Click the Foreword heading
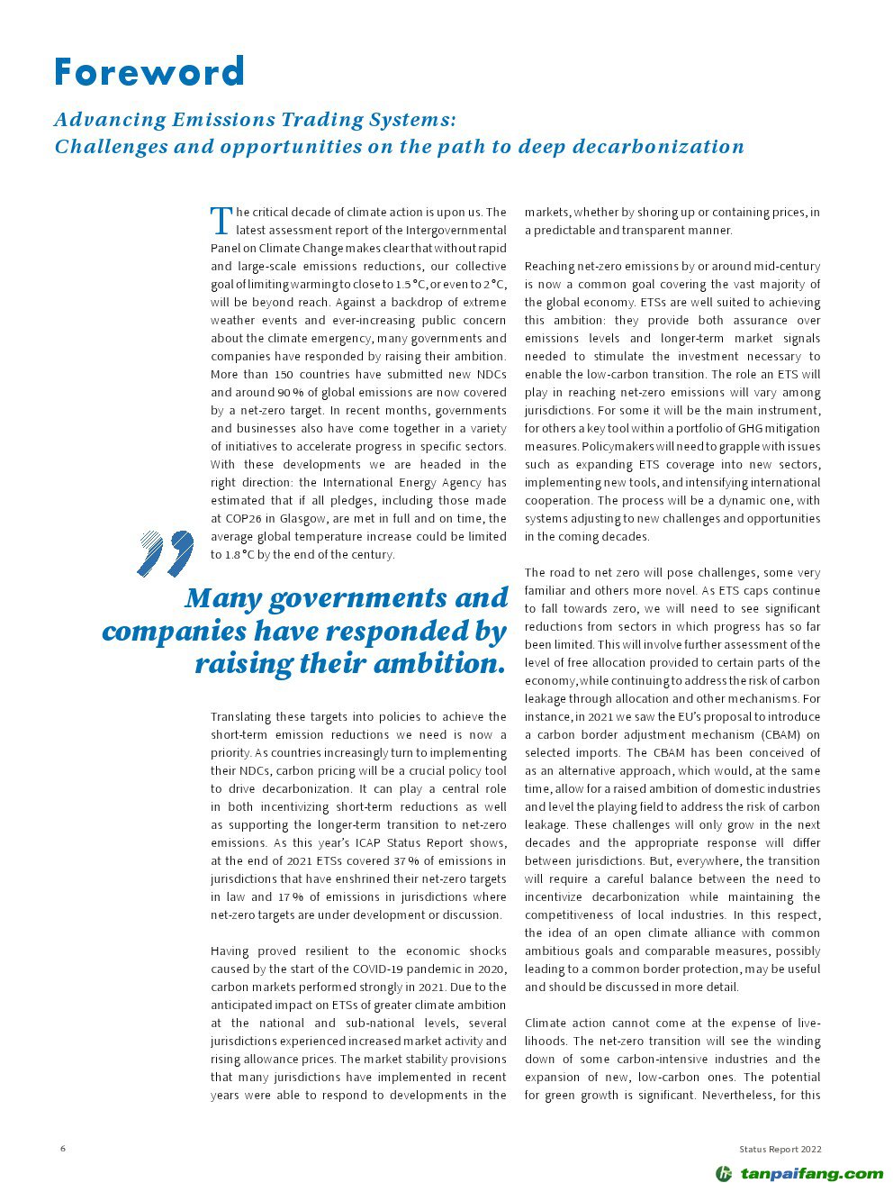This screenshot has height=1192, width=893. coord(149,72)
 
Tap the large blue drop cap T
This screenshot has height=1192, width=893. coord(221,220)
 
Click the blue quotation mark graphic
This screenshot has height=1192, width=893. coord(166,553)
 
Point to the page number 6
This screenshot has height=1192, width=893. coord(63,1149)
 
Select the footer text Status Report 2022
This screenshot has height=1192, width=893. coord(780,1149)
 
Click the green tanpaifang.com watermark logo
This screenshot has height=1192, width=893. coord(799,1173)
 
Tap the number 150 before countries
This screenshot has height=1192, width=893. coord(284,375)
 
